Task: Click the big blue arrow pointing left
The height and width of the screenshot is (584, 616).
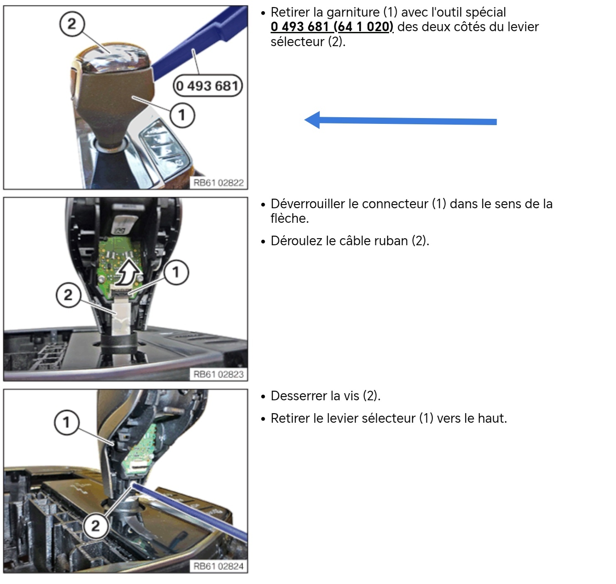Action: pos(400,120)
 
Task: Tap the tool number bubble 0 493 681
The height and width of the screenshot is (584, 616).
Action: pos(208,86)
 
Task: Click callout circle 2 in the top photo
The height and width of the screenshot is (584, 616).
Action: pos(72,24)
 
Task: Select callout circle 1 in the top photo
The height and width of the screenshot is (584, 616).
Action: pos(182,115)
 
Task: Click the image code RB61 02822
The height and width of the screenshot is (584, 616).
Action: pos(218,182)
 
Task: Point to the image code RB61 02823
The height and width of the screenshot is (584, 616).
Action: pos(218,374)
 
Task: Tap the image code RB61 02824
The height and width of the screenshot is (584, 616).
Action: pos(218,566)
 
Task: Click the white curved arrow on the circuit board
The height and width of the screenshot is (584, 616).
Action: pos(128,271)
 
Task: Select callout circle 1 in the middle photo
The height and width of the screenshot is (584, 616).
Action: pos(176,272)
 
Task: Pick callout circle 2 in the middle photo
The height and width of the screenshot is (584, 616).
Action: pos(68,295)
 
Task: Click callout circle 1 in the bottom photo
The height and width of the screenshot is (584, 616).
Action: pos(66,422)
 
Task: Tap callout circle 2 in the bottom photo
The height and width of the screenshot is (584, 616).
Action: pos(96,526)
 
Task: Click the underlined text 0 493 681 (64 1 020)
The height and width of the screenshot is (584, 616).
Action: pos(332,27)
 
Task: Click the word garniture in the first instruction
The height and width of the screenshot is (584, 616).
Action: pos(353,12)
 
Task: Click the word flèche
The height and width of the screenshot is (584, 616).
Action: pos(290,219)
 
